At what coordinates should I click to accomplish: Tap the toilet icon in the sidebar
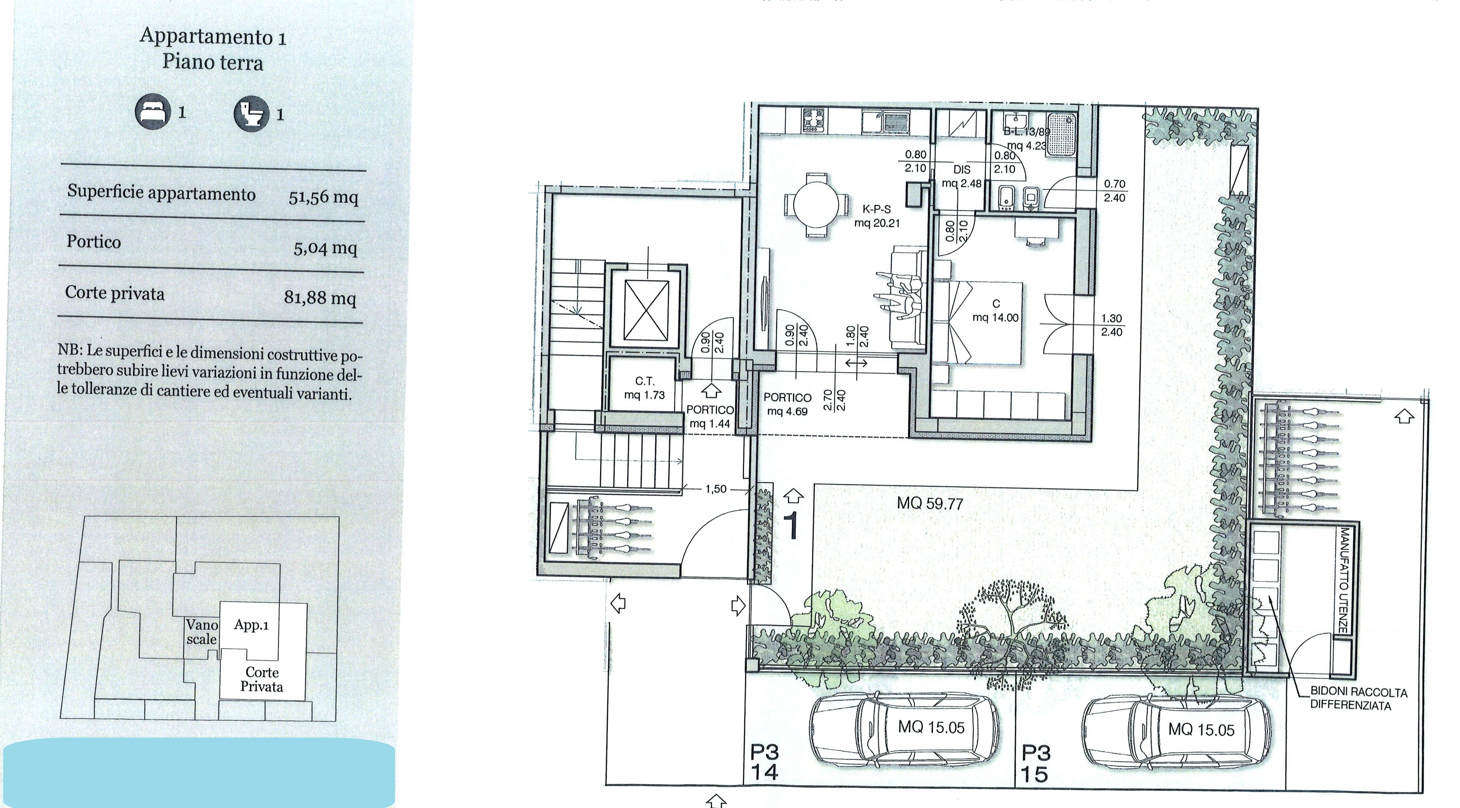[251, 115]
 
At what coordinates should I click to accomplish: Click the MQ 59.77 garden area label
[930, 503]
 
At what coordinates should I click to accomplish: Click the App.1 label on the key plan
[251, 625]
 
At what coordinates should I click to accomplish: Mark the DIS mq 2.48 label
[962, 176]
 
